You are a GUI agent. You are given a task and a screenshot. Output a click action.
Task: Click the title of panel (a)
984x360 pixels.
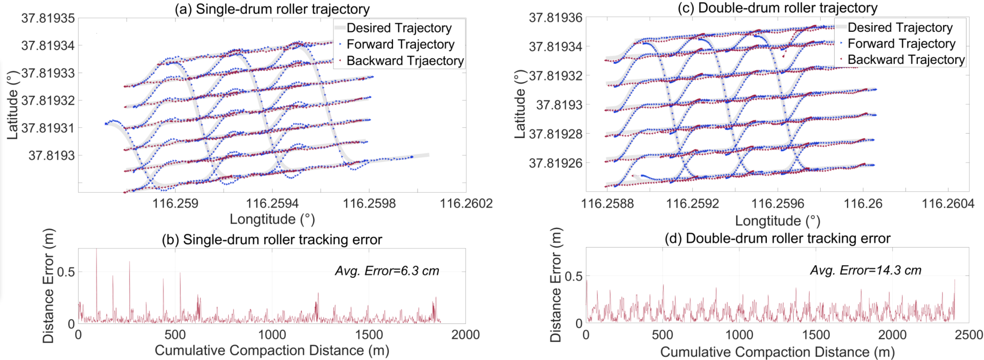coord(272,9)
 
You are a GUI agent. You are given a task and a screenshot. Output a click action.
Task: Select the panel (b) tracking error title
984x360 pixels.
coord(272,239)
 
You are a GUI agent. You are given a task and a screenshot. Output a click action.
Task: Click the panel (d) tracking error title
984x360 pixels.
coord(777,238)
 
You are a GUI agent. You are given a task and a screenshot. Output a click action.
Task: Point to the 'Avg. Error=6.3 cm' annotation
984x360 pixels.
coord(387,271)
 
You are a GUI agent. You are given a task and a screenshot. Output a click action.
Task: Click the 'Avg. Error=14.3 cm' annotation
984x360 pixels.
coord(866,270)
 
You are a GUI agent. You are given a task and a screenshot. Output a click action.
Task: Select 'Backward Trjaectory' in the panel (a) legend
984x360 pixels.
coord(405,61)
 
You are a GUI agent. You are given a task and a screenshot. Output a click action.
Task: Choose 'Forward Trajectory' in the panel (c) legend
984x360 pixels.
coord(901,44)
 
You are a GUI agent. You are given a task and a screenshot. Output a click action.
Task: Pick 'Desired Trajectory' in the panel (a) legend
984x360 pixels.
coord(399,28)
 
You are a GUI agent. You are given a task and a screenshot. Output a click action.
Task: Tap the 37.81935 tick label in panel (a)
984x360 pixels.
coord(48,18)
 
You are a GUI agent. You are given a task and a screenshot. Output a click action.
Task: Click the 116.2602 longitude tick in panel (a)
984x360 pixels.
coord(466,203)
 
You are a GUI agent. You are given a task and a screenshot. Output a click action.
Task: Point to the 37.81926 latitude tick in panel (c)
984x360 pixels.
coord(555,163)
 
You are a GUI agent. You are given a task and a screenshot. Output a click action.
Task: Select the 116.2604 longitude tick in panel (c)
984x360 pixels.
coord(947,203)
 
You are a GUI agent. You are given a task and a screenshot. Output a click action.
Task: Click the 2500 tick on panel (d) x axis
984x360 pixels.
coord(969,335)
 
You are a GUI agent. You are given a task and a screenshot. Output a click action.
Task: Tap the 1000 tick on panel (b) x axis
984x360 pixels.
coord(272,335)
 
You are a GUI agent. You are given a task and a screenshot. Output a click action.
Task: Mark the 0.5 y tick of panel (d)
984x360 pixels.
coord(573,276)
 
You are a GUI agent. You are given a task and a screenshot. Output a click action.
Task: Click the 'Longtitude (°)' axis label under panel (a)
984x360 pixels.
coord(272,219)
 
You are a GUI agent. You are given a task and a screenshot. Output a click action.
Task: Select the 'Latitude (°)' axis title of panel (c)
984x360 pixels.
coord(520,105)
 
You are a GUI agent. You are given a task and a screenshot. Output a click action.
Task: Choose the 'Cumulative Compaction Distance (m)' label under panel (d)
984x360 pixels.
coord(777,352)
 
